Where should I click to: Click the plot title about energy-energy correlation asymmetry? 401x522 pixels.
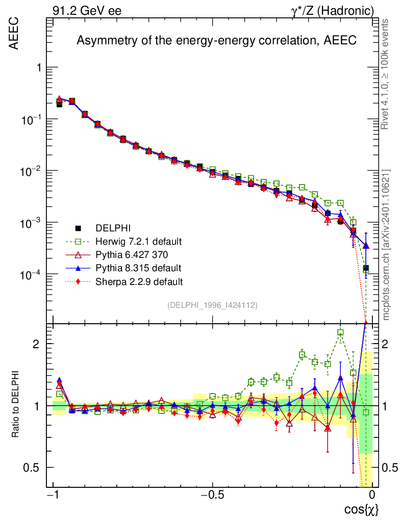(x=216, y=41)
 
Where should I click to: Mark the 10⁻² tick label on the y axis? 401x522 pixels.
(x=31, y=171)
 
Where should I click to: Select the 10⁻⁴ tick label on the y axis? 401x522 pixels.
(x=31, y=275)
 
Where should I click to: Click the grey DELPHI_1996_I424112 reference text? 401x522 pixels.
(x=212, y=305)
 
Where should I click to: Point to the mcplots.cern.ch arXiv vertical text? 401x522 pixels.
(x=386, y=245)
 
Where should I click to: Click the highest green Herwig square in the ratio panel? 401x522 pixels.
(x=340, y=332)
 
